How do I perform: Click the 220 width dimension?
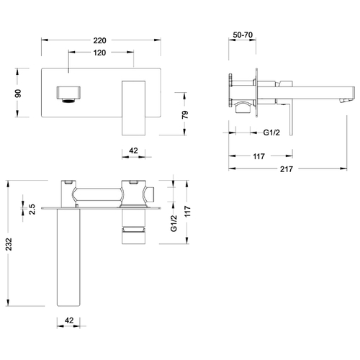(99, 40)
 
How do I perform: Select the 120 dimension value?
(99, 53)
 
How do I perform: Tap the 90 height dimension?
(18, 94)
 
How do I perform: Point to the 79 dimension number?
(185, 114)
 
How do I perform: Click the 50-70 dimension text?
(243, 35)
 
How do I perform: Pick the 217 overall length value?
(287, 169)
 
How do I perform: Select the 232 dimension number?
(9, 244)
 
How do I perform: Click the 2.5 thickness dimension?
(32, 209)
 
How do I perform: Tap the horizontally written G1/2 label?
(271, 132)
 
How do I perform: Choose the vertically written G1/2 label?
(174, 223)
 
